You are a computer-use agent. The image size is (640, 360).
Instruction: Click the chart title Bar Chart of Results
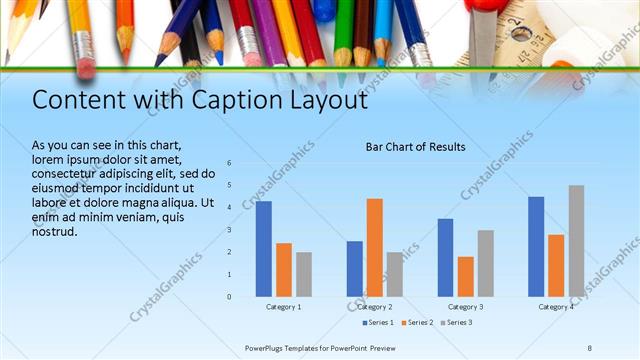coord(414,148)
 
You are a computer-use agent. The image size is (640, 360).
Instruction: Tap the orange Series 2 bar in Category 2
coord(375,247)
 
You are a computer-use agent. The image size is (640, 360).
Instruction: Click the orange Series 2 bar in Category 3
coord(465,276)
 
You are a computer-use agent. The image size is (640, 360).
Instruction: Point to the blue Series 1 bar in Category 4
coord(536,246)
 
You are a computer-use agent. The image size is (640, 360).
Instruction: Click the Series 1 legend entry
coord(378,322)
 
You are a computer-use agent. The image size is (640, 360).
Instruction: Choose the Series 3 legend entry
coord(456,322)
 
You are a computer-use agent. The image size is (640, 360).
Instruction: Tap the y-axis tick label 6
coord(230,163)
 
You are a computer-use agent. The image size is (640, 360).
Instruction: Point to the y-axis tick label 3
coord(230,230)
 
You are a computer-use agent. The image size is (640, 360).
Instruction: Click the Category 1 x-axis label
coord(284,306)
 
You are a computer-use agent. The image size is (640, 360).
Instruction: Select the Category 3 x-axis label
coord(465,306)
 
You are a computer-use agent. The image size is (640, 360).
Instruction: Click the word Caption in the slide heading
coord(221,101)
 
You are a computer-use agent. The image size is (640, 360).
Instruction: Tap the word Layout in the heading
coord(316,101)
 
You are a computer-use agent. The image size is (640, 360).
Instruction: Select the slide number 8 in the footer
coord(590,347)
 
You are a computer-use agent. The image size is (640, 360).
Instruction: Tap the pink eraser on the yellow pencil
coord(86,67)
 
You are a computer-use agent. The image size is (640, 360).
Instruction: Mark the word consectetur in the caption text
coord(69,173)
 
